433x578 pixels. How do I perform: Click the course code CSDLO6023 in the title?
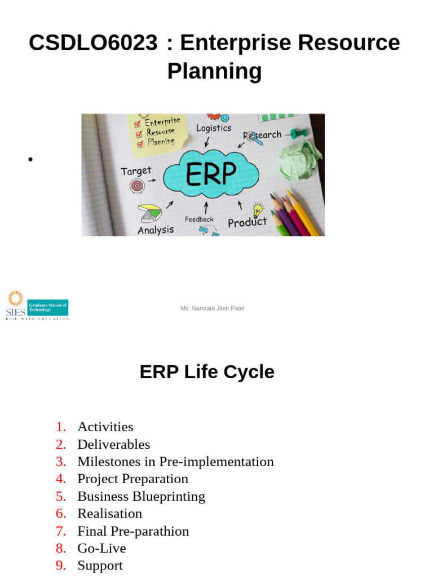93,43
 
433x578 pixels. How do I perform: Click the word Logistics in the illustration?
214,128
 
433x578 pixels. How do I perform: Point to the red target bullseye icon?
137,185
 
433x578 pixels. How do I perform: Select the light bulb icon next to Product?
258,209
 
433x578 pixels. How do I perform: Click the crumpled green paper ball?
301,160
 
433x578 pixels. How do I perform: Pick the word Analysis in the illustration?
156,230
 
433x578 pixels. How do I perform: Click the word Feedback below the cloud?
199,219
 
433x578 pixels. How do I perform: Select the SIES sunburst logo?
15,299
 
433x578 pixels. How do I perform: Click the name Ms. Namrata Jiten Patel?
212,308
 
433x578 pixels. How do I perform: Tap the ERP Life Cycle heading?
207,372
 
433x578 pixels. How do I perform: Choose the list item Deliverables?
113,444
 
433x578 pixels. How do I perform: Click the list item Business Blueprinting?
141,496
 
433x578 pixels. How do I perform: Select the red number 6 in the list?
61,514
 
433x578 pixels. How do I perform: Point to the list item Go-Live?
101,548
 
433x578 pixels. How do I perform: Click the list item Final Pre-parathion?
133,531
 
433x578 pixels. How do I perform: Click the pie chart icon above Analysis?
150,213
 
